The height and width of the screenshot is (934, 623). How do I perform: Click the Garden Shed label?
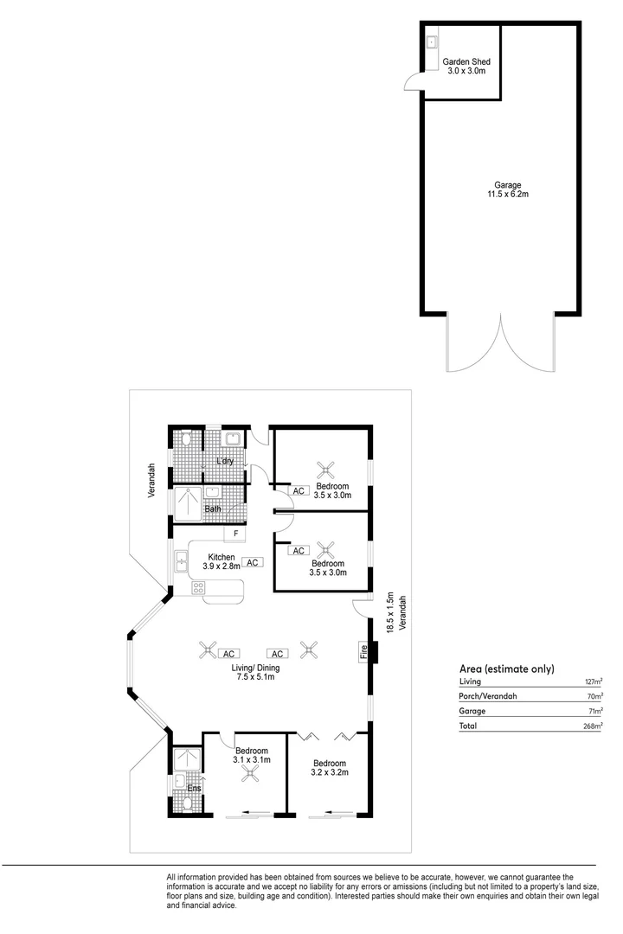point(468,62)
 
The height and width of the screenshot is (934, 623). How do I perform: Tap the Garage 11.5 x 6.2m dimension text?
point(507,195)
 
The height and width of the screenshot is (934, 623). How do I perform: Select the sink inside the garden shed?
point(432,42)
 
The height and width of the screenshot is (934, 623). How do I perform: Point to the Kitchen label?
point(222,556)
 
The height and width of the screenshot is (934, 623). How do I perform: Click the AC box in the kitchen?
point(252,562)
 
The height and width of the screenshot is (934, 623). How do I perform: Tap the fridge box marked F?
point(235,533)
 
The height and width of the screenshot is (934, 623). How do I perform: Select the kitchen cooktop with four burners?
point(198,589)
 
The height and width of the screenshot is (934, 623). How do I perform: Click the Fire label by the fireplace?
point(363,650)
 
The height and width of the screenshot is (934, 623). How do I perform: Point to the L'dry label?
point(225,461)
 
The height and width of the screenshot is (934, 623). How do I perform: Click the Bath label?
point(213,509)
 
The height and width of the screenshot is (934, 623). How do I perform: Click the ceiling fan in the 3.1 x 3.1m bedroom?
point(251,775)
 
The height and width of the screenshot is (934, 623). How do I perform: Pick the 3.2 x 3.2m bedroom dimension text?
point(330,772)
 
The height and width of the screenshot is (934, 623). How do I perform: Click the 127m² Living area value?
point(593,681)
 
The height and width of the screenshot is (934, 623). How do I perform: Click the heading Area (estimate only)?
point(506,669)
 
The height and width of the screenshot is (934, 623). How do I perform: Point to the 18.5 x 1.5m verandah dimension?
point(390,614)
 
